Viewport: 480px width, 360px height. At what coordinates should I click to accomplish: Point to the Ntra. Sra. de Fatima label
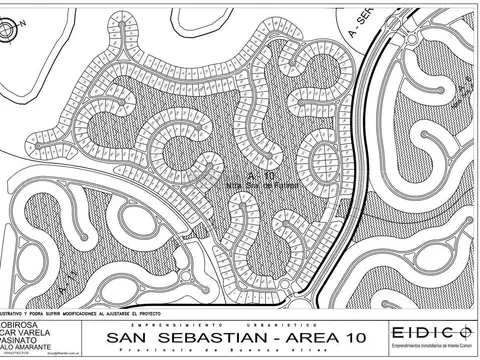243,185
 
